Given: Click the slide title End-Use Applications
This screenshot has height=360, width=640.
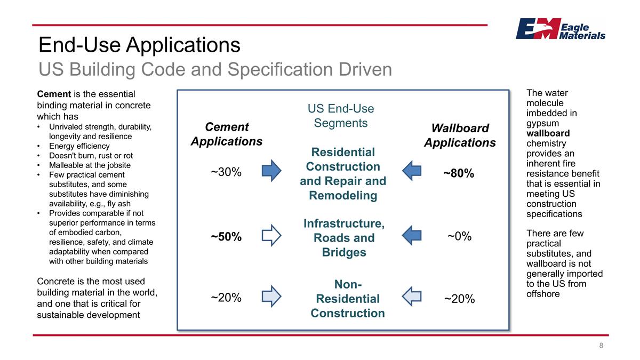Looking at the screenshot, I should pyautogui.click(x=139, y=45).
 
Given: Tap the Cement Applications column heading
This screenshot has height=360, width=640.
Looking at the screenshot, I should pyautogui.click(x=227, y=134).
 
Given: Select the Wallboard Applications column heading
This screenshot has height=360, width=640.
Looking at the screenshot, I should pyautogui.click(x=460, y=135).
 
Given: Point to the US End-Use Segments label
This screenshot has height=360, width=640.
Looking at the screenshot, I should pyautogui.click(x=341, y=116).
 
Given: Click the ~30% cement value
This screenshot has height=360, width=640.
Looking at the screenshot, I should pyautogui.click(x=226, y=172).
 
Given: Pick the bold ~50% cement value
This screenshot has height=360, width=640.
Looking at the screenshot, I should pyautogui.click(x=226, y=237).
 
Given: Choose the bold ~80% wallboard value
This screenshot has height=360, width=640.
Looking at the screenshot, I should pyautogui.click(x=459, y=173).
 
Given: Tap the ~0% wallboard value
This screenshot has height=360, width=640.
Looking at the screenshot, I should pyautogui.click(x=459, y=236).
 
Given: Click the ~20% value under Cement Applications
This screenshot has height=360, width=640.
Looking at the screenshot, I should pyautogui.click(x=226, y=298).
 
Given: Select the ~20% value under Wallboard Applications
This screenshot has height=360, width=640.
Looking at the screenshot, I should pyautogui.click(x=459, y=299).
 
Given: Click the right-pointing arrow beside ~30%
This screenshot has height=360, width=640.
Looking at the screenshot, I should pyautogui.click(x=271, y=171).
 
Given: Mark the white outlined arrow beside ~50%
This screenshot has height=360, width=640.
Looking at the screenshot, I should pyautogui.click(x=271, y=235).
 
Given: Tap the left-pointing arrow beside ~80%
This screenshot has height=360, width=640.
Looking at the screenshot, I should pyautogui.click(x=411, y=171).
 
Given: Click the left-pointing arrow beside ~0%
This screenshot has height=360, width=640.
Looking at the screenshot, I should pyautogui.click(x=411, y=235).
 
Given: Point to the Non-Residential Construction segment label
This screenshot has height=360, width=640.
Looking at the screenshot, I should pyautogui.click(x=348, y=299).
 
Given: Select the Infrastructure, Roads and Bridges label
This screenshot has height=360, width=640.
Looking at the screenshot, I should pyautogui.click(x=344, y=237).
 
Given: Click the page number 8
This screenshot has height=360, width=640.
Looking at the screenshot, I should pyautogui.click(x=601, y=346).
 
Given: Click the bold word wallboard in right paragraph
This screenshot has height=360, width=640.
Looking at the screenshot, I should pyautogui.click(x=548, y=133).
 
